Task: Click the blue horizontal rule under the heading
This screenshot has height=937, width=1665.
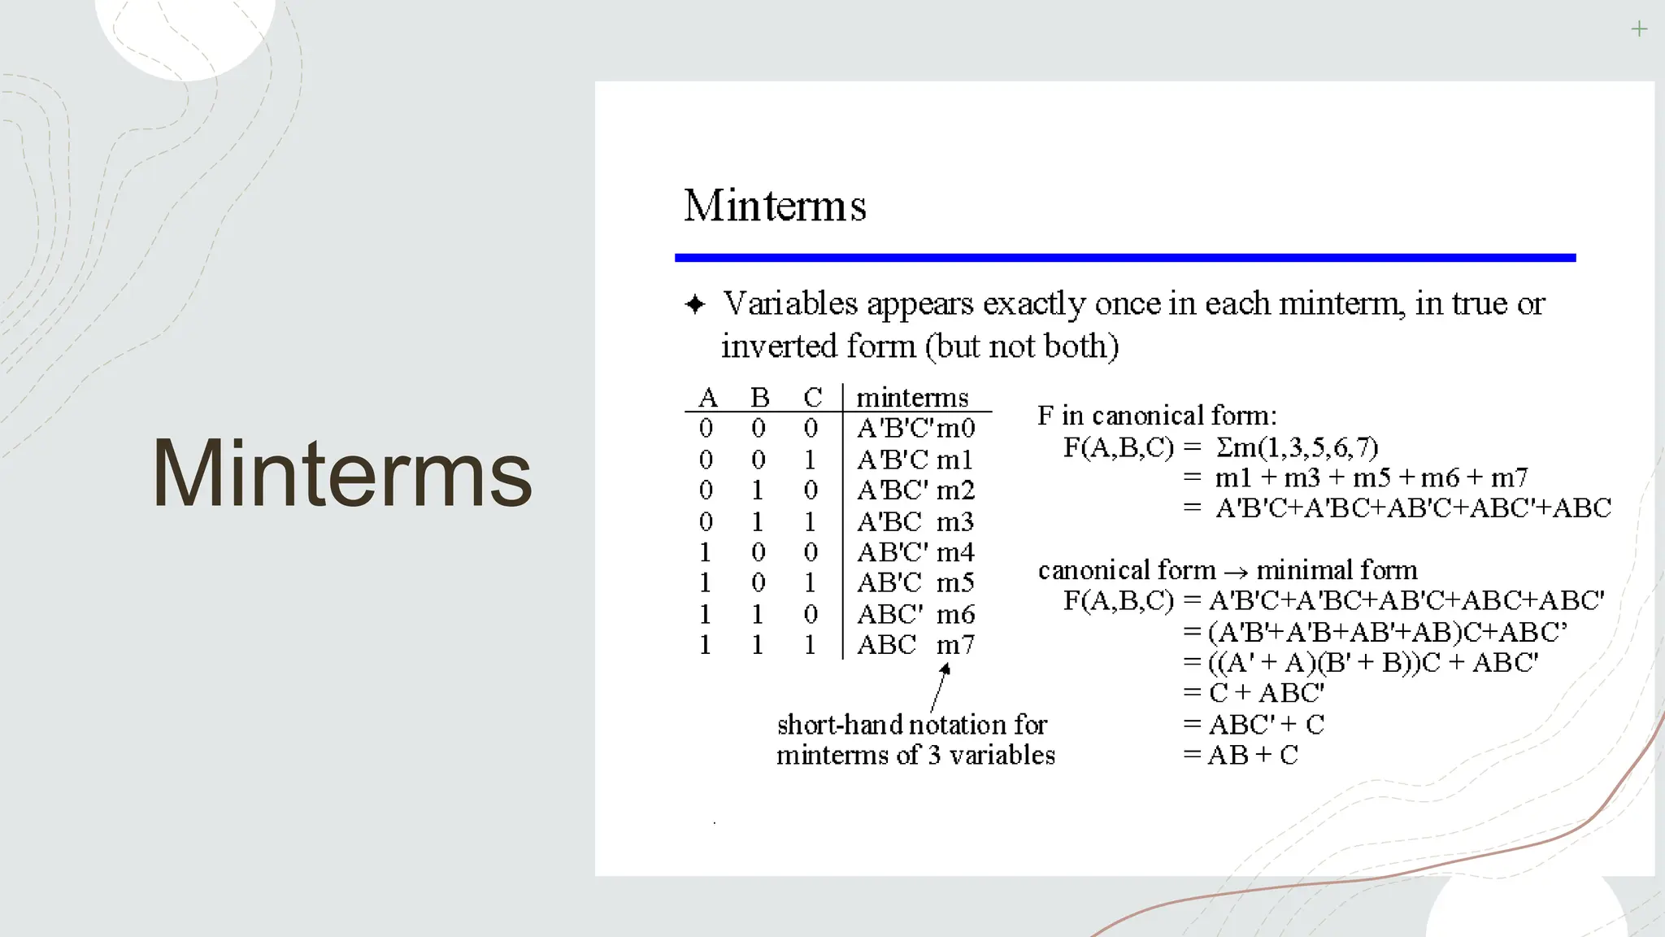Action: [1124, 258]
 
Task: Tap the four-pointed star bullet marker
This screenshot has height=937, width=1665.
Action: [695, 304]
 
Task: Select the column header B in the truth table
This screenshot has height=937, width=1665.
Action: [759, 398]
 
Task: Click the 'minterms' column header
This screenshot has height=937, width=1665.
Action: [912, 398]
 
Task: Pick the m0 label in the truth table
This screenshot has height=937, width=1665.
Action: [956, 428]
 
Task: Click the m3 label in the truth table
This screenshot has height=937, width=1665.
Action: [955, 521]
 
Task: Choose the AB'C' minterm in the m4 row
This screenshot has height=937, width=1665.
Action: [892, 552]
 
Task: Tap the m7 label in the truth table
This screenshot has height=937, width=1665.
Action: [955, 645]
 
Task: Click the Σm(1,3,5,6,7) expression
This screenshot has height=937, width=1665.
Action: [1297, 447]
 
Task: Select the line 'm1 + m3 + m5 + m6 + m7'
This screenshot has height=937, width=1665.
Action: [1372, 477]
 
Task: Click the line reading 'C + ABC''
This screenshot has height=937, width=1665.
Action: [1266, 693]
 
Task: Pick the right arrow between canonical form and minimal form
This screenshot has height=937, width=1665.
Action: [1236, 572]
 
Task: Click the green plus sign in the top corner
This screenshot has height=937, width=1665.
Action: [1639, 30]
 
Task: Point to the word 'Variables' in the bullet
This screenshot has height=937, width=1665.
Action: [790, 303]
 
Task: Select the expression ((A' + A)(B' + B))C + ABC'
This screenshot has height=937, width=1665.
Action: [1372, 662]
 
